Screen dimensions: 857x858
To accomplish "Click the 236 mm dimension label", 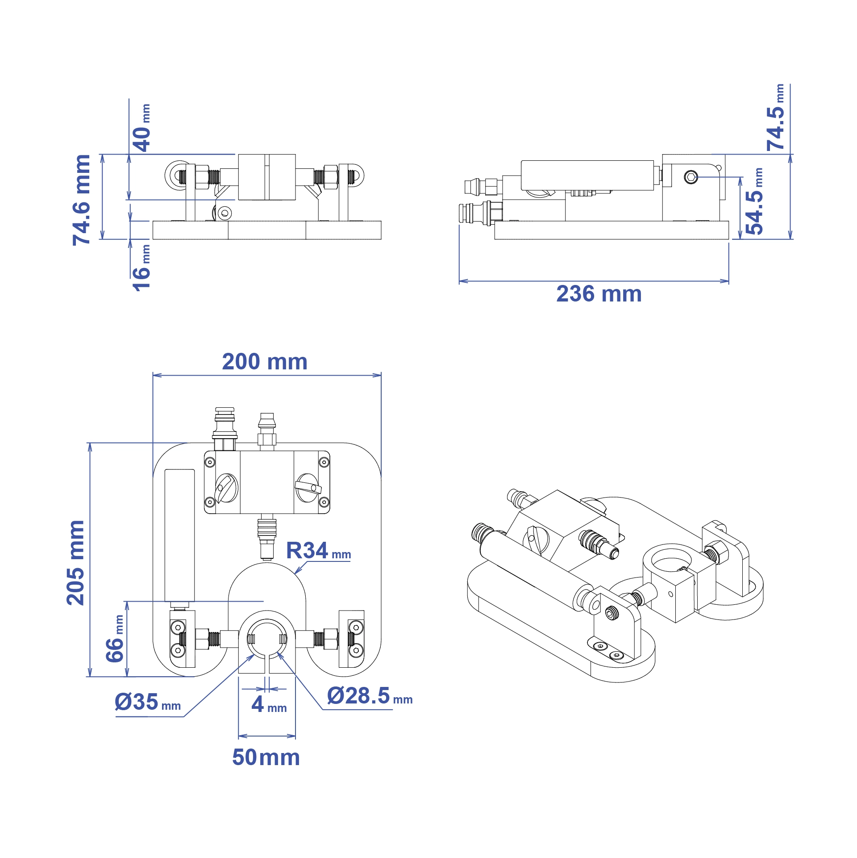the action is point(599,294).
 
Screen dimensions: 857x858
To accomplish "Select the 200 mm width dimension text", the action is point(265,362).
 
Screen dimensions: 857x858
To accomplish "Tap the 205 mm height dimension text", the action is point(75,563).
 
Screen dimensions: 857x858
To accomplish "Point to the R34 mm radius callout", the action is point(318,551).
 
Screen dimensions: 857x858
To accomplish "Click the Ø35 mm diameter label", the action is point(148,702).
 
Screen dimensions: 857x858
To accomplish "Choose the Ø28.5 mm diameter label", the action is point(370,696).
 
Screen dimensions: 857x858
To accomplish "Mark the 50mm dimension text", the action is point(266,758).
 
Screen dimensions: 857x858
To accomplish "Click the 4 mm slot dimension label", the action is point(269,704).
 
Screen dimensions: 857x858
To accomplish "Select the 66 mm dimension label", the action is point(115,638).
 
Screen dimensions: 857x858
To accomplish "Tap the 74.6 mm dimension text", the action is point(82,200).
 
